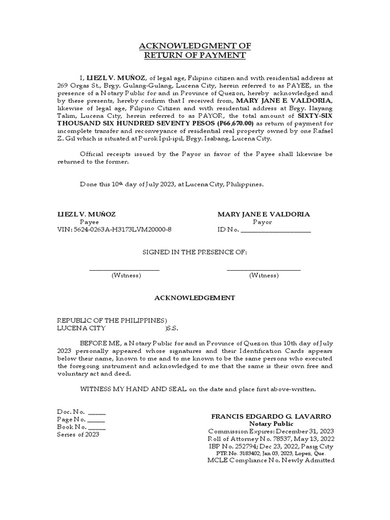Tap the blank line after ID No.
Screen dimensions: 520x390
pyautogui.click(x=275, y=230)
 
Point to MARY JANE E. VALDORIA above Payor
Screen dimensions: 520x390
pyautogui.click(x=263, y=214)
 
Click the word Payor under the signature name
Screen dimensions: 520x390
pyautogui.click(x=263, y=222)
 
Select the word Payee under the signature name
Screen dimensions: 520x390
pyautogui.click(x=89, y=222)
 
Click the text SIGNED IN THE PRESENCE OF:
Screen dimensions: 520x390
pyautogui.click(x=194, y=252)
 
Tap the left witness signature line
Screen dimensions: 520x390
pyautogui.click(x=125, y=269)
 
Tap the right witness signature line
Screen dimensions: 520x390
pyautogui.click(x=263, y=269)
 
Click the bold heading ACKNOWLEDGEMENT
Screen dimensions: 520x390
pyautogui.click(x=194, y=298)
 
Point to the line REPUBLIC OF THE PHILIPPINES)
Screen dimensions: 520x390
pyautogui.click(x=112, y=320)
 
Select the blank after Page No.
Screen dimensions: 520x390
pyautogui.click(x=96, y=420)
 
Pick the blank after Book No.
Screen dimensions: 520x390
pyautogui.click(x=97, y=428)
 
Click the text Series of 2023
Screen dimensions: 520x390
pyautogui.click(x=78, y=435)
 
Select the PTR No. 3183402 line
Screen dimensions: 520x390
pyautogui.click(x=271, y=453)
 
